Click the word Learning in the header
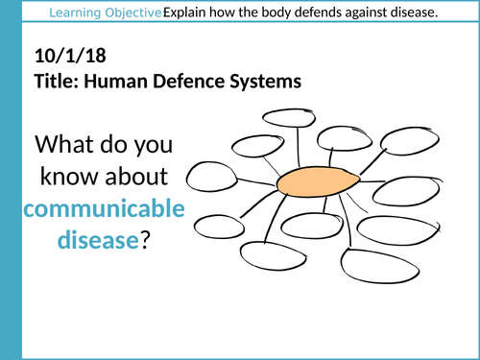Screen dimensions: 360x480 (76, 12)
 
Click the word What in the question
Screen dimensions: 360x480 (70, 147)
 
